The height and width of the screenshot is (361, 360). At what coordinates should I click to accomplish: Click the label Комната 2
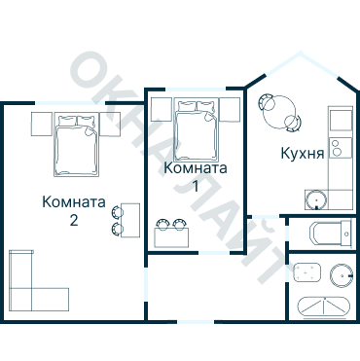click(74, 210)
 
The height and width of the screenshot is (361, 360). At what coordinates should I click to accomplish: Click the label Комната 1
click(197, 176)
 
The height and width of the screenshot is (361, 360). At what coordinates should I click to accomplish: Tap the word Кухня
click(302, 153)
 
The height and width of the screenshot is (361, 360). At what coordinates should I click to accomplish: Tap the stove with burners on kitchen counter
click(338, 149)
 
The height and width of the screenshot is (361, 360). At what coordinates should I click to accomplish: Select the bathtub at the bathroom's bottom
click(321, 305)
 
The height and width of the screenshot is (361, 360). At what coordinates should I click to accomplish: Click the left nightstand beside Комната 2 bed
click(41, 124)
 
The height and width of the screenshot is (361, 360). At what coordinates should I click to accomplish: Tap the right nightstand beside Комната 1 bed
click(231, 109)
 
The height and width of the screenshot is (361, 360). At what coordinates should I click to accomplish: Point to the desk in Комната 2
click(130, 220)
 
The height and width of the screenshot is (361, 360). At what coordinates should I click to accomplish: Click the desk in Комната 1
click(173, 236)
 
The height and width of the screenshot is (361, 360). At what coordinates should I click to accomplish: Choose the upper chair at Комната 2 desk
click(117, 210)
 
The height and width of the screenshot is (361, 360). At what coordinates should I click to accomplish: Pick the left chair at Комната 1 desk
click(163, 222)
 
